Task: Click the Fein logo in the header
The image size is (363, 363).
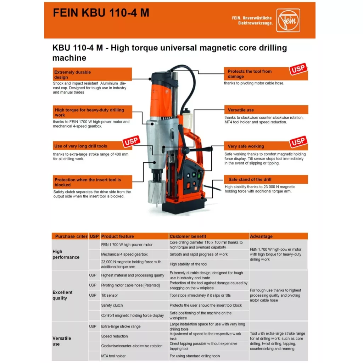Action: (x=288, y=20)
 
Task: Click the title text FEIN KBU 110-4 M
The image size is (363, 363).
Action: (x=101, y=13)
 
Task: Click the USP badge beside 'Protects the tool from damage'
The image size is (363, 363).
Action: (x=298, y=69)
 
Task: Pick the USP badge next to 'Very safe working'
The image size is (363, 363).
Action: (x=298, y=142)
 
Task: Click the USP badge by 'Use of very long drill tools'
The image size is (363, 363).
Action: (x=131, y=143)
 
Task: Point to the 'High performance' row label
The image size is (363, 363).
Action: (x=66, y=254)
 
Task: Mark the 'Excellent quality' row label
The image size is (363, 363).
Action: (x=62, y=295)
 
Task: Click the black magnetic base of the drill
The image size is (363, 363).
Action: (x=184, y=208)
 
